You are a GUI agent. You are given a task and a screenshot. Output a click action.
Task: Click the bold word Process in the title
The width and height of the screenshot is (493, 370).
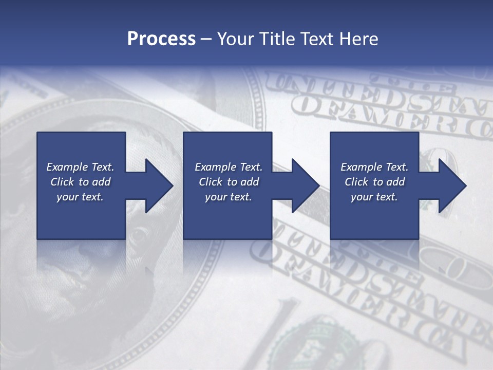pos(161,39)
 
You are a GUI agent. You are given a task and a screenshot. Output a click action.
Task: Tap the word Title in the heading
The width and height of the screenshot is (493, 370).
pos(276,39)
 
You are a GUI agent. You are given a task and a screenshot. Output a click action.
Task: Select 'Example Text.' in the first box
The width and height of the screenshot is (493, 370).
pos(80,167)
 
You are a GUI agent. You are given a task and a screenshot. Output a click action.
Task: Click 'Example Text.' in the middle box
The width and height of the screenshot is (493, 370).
pos(229,167)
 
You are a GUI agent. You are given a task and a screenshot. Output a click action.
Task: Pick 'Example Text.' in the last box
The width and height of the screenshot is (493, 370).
pos(374,167)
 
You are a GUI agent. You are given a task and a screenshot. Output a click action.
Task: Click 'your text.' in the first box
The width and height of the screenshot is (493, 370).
pos(80,197)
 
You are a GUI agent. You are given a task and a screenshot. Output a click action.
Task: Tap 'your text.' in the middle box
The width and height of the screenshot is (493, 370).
pos(229,197)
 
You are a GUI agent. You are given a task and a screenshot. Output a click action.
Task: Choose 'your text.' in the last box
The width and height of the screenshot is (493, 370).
pos(374,197)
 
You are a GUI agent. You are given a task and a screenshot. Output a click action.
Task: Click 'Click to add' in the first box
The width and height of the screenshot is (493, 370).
pos(80,182)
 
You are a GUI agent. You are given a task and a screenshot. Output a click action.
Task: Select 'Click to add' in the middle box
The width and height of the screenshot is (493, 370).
pos(229,182)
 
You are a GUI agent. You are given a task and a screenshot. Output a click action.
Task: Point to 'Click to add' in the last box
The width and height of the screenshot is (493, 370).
pos(374,182)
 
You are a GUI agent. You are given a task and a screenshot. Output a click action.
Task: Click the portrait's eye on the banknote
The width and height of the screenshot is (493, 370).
pos(139,236)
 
